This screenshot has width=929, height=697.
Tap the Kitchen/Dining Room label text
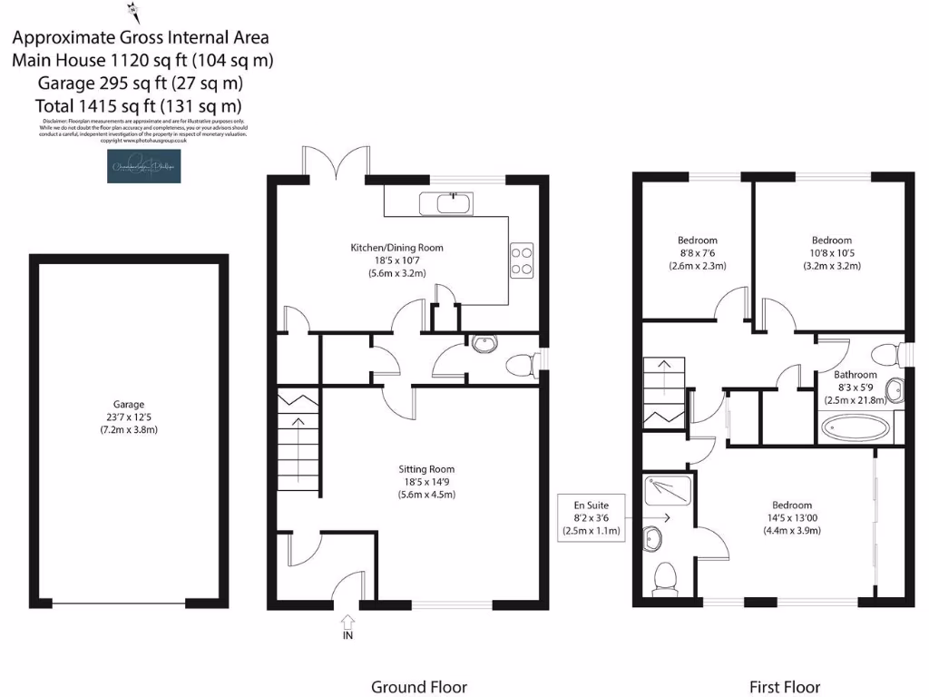(396, 247)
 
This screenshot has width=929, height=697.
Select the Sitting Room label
(425, 469)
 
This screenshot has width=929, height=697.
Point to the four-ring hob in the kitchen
(523, 260)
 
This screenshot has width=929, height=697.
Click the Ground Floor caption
(419, 687)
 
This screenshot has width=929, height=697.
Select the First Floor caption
(784, 687)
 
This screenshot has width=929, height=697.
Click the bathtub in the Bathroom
(857, 427)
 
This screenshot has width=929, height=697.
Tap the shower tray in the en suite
(667, 492)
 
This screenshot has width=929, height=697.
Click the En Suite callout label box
(592, 518)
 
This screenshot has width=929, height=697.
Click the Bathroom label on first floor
(856, 375)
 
